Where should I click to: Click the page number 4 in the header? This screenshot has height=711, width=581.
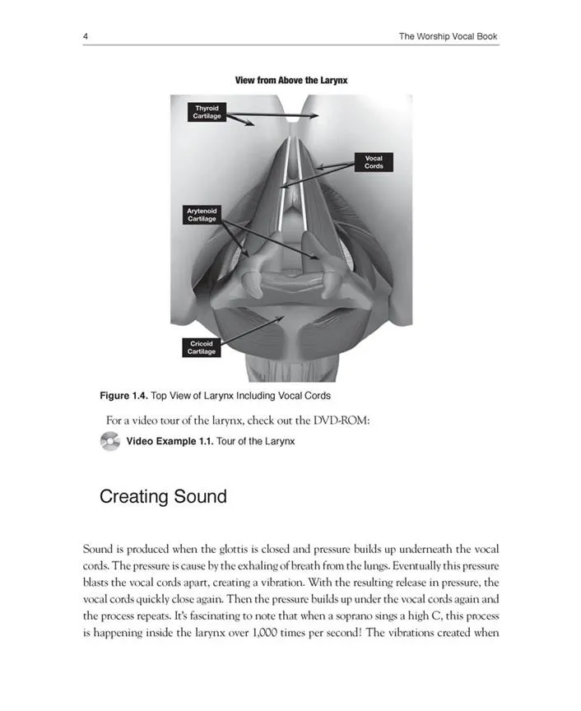click(x=86, y=36)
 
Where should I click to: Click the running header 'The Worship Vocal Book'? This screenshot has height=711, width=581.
click(x=448, y=36)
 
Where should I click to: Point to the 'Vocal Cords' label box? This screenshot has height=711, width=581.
click(x=374, y=161)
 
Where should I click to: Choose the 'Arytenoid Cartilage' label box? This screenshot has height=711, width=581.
click(x=202, y=215)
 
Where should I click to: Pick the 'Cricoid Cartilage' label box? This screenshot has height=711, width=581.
click(x=202, y=347)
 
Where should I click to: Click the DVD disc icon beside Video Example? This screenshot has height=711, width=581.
click(x=110, y=442)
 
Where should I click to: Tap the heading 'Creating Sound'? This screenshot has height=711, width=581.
click(x=163, y=497)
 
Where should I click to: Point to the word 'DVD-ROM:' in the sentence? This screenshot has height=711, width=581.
click(x=341, y=421)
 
